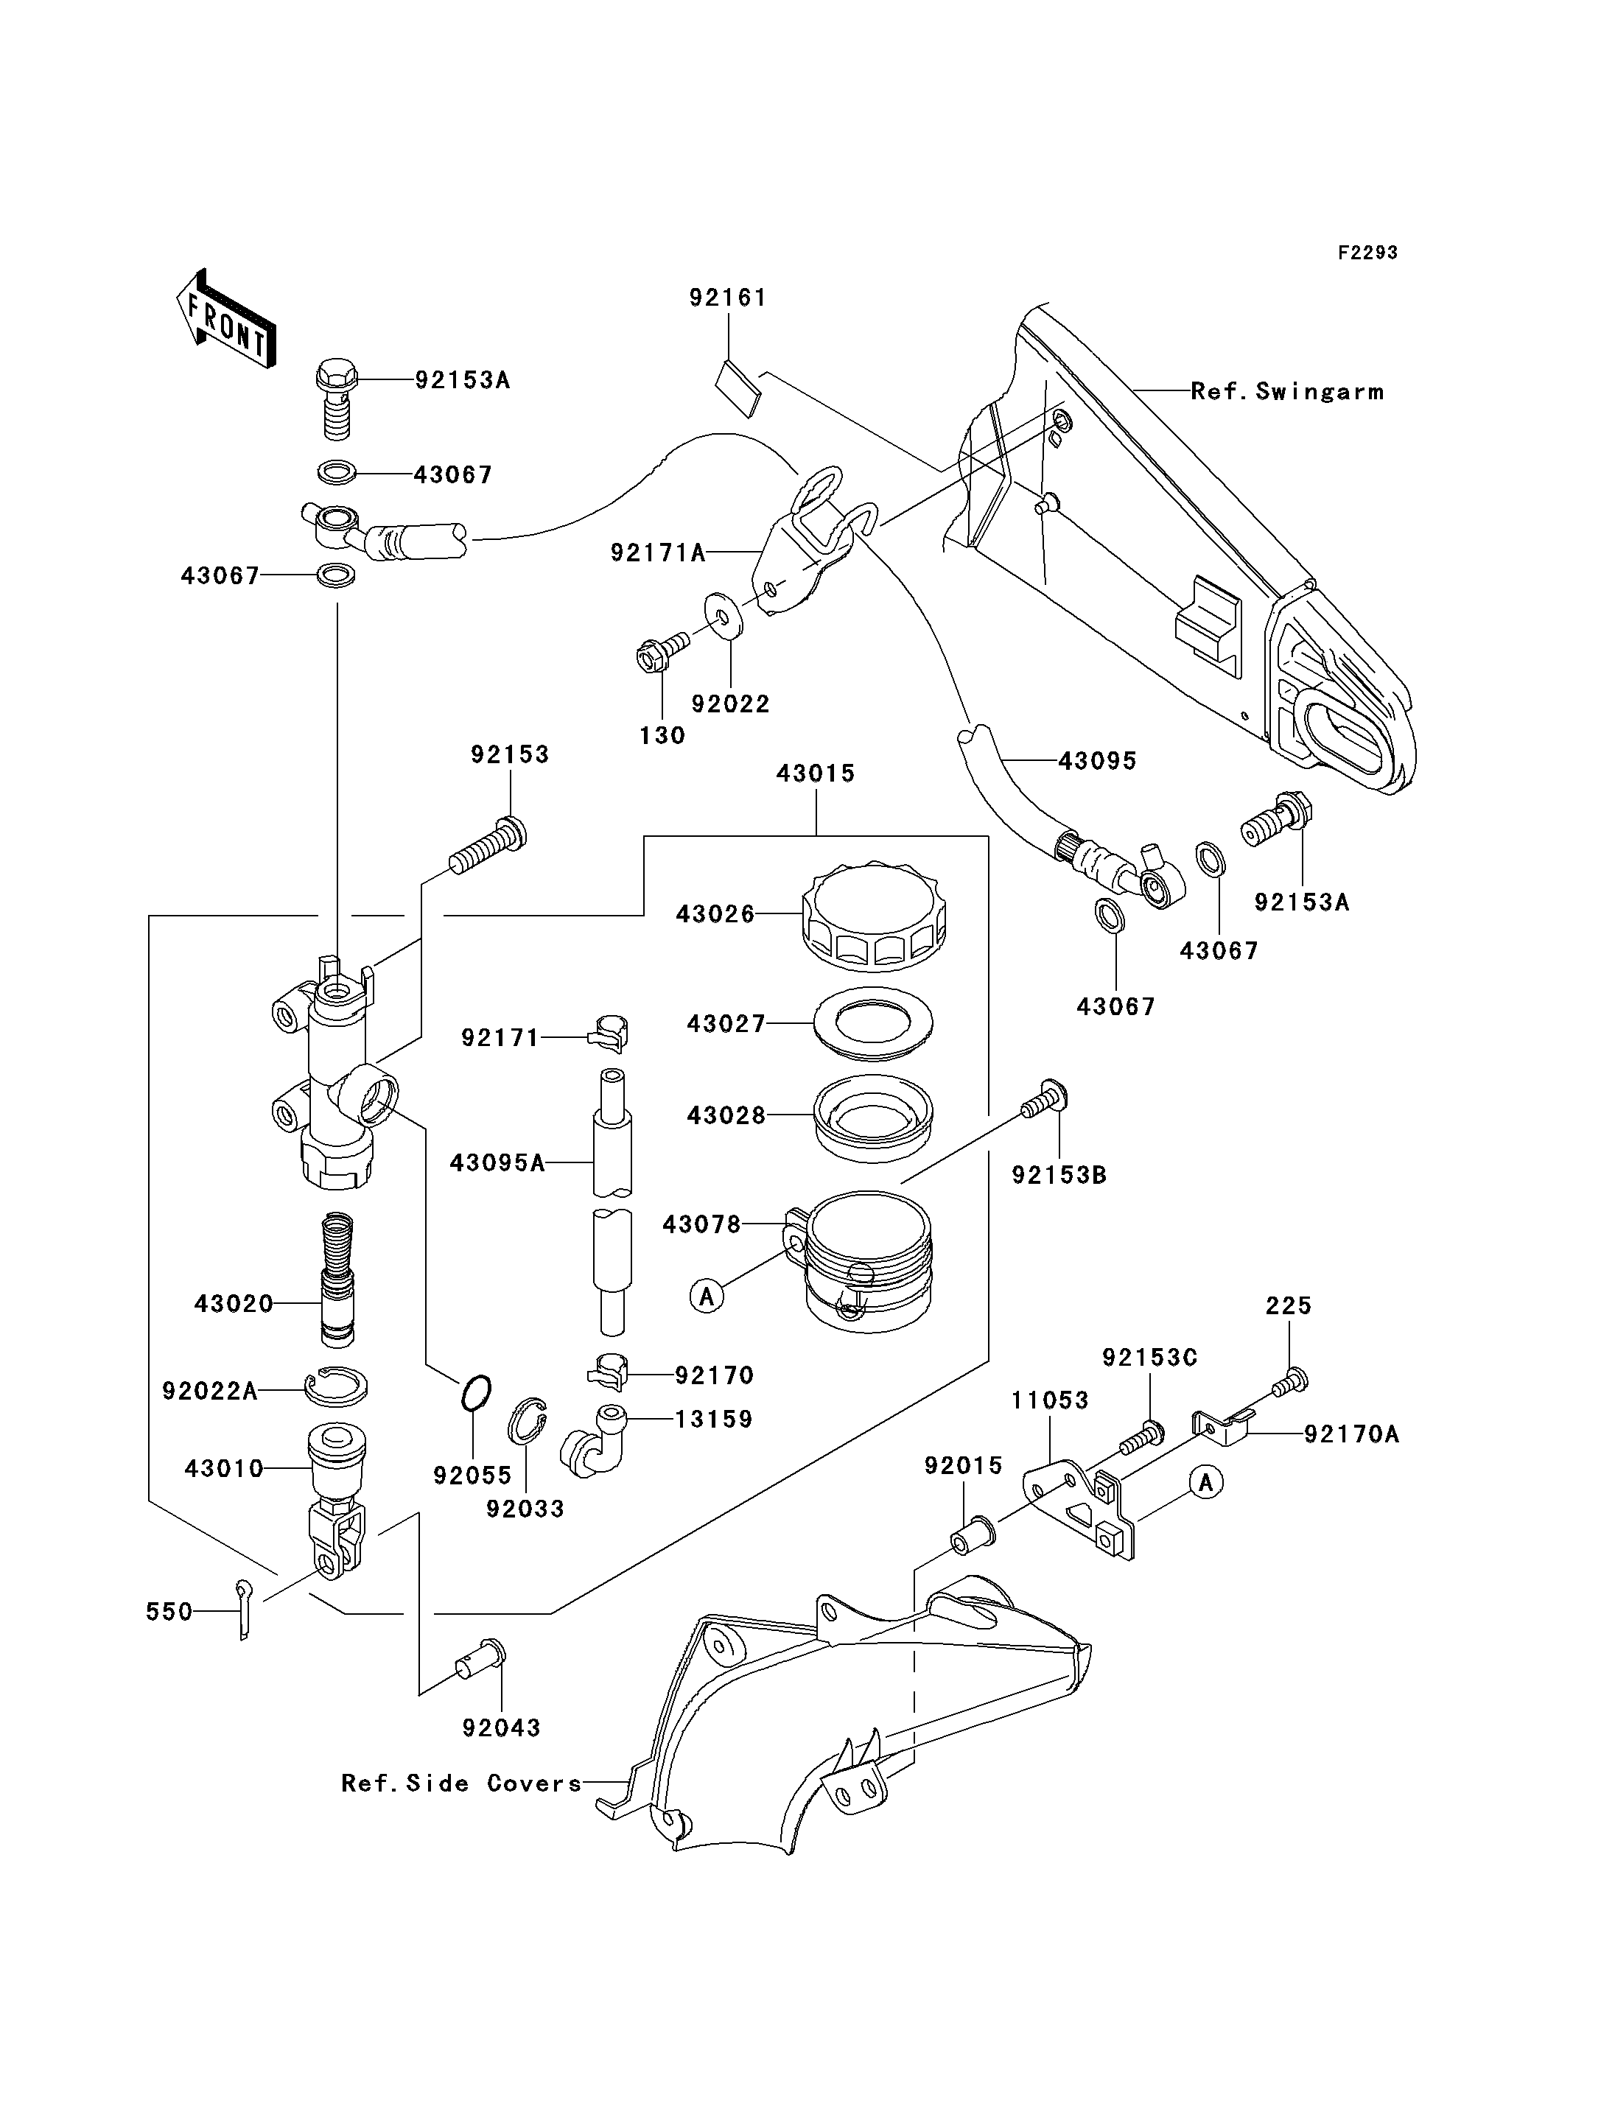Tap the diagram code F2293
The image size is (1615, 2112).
point(1367,253)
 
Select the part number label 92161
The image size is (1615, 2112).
point(728,298)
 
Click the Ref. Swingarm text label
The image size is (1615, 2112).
point(1287,391)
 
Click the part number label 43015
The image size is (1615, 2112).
point(815,773)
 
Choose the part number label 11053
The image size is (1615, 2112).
point(1050,1400)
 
